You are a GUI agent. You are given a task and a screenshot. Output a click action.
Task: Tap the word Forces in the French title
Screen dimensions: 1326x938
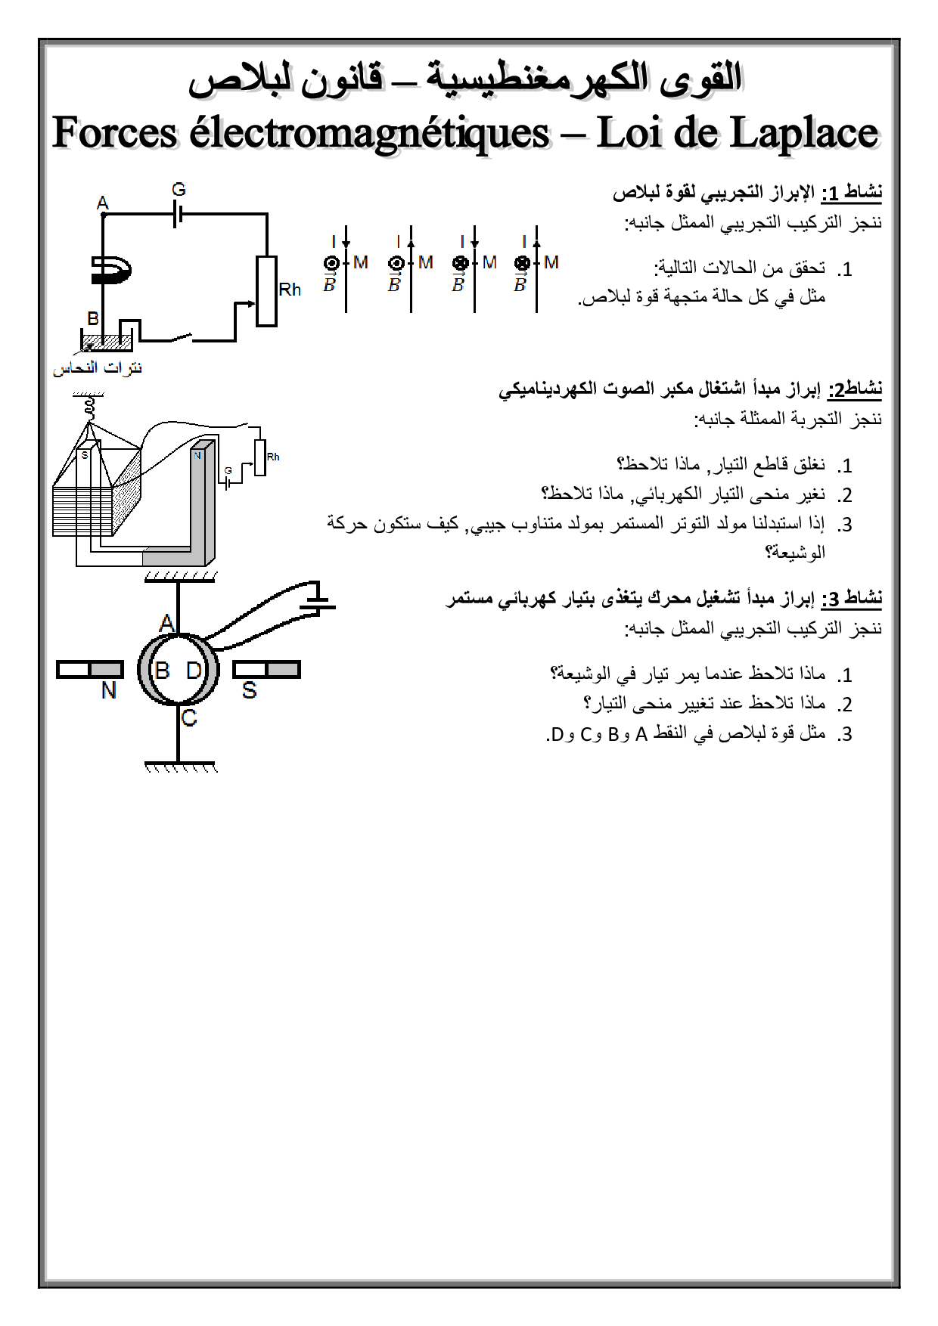(x=114, y=134)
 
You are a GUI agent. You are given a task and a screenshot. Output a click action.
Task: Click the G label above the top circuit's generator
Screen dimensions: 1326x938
(x=179, y=190)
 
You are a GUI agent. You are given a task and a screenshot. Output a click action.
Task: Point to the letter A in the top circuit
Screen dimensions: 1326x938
(x=103, y=203)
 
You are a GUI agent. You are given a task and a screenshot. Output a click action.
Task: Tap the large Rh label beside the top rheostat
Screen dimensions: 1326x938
(x=290, y=290)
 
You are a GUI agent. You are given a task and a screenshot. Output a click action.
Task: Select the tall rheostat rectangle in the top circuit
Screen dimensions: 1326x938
(x=266, y=291)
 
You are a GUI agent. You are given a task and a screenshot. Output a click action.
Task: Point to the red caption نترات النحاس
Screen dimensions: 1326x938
(x=98, y=368)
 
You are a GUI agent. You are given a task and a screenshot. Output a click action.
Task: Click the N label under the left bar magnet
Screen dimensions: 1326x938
(x=109, y=690)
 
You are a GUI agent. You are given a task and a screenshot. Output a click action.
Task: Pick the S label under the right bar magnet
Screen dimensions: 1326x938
(x=250, y=690)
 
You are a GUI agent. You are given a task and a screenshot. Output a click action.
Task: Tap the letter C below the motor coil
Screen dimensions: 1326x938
(x=189, y=717)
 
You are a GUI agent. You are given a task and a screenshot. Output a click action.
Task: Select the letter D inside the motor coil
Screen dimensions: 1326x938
(x=194, y=671)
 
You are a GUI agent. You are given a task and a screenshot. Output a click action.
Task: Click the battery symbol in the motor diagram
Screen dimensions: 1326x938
(x=320, y=597)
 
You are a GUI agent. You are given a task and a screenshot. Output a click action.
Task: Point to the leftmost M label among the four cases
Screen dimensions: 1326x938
(x=361, y=262)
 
